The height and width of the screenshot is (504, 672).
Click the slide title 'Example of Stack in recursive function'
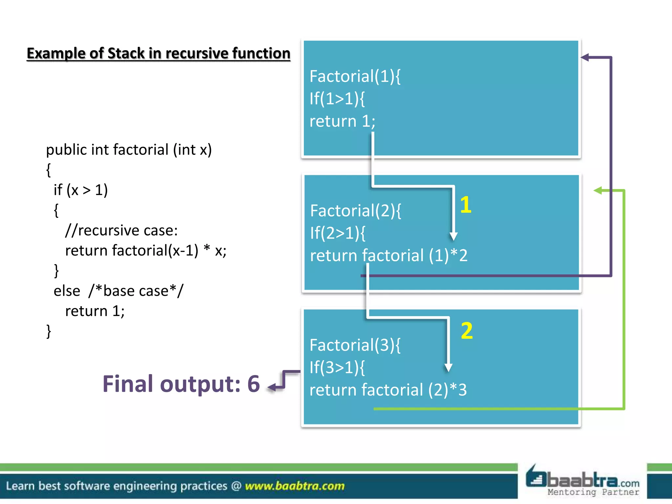(158, 53)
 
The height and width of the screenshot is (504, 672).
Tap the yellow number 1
(466, 205)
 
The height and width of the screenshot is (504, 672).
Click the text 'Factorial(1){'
(355, 76)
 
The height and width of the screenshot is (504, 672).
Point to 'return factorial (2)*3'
(388, 390)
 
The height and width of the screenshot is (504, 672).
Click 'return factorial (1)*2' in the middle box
(388, 255)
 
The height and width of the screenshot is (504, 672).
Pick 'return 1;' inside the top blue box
(342, 121)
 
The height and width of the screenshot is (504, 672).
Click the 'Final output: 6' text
(181, 384)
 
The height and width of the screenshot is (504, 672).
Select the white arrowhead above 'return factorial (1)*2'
(453, 236)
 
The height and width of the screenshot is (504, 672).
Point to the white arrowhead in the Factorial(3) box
(448, 367)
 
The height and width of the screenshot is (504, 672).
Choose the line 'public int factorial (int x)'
(129, 150)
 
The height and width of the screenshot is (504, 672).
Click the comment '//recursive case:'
(121, 230)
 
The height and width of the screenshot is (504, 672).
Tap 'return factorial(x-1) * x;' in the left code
(146, 251)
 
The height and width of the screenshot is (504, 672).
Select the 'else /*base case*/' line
(118, 291)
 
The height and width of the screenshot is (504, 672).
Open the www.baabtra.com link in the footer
(294, 486)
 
